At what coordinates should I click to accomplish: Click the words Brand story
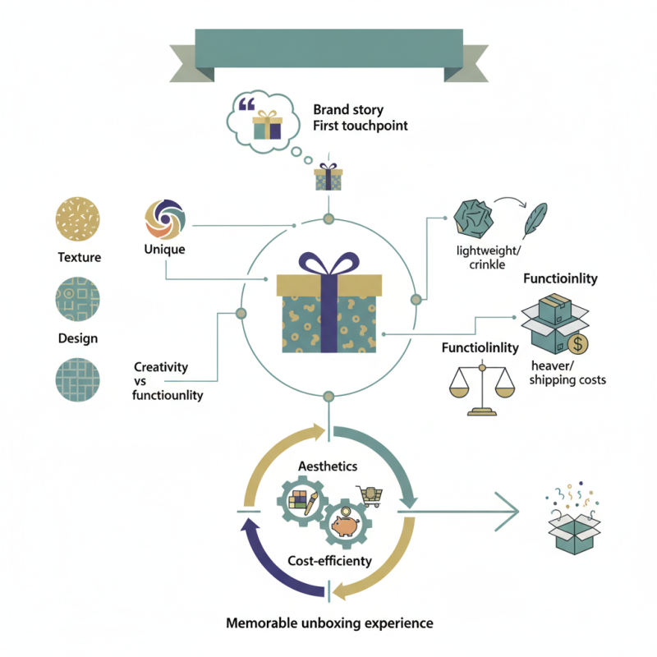click(x=348, y=109)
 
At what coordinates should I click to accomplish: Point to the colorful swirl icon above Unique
click(x=164, y=219)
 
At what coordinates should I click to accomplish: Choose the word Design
click(x=78, y=338)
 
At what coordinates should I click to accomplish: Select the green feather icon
click(x=536, y=220)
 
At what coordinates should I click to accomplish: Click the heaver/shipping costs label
click(x=567, y=372)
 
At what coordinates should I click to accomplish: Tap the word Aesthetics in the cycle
click(x=328, y=466)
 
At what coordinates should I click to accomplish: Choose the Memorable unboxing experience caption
click(x=328, y=623)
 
